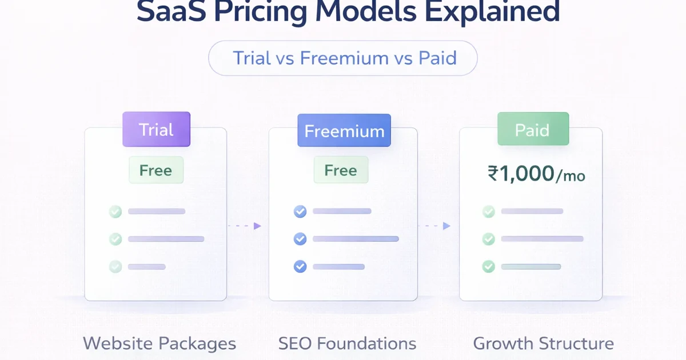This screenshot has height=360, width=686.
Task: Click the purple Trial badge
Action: tap(156, 130)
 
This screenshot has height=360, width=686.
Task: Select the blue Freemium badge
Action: tap(344, 131)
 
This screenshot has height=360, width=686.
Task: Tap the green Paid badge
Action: tap(533, 130)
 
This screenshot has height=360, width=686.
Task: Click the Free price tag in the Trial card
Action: tap(155, 170)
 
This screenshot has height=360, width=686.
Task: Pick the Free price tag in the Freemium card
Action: tap(341, 170)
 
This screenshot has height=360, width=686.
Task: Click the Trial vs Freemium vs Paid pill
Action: tap(342, 58)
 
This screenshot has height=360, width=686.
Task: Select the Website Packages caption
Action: tap(159, 343)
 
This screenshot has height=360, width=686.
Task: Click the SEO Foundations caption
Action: tap(347, 343)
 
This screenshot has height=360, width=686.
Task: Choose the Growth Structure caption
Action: tap(543, 343)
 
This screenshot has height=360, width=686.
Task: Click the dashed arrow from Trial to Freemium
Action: tap(245, 226)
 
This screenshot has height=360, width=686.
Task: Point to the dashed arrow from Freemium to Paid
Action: tap(434, 226)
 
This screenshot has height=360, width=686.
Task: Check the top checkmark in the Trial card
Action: tap(115, 212)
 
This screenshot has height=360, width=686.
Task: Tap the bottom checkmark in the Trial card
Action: tap(115, 266)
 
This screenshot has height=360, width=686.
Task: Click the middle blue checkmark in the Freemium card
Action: tap(300, 239)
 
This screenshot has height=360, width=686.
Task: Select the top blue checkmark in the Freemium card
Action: tap(300, 212)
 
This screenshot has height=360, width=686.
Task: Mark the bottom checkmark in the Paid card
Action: tap(488, 266)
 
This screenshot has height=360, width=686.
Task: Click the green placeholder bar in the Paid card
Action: tap(531, 267)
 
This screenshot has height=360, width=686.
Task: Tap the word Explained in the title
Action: tap(467, 13)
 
